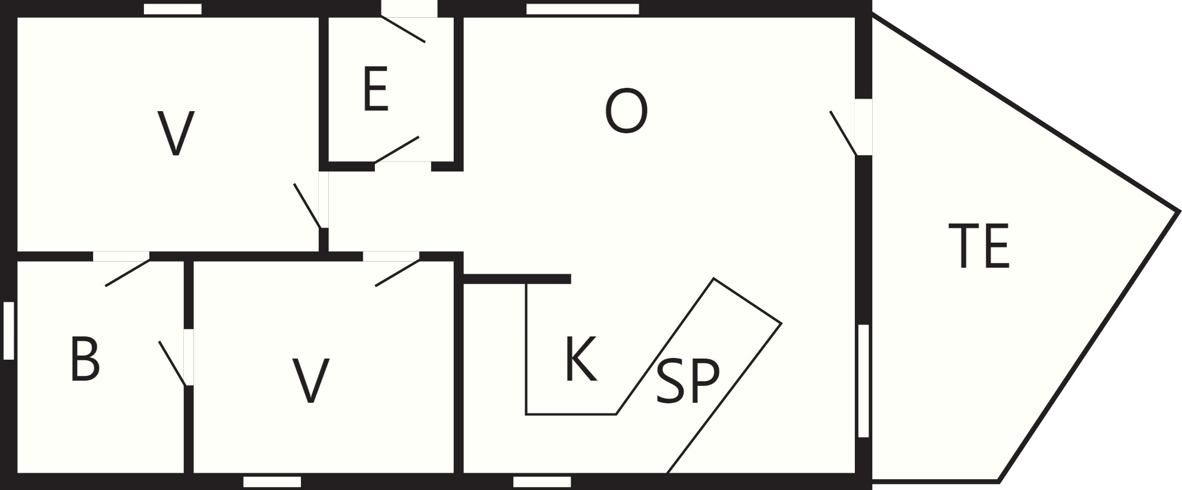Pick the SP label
coord(688,381)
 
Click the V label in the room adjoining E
coord(176,134)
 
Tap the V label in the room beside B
coord(312,381)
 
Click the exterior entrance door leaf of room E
coord(403,29)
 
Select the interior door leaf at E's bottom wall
coord(396,149)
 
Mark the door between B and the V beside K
coord(173,363)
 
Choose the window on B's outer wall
coord(8,330)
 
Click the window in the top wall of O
coord(583,9)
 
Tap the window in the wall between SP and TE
coord(863,381)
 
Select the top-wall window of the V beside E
coord(173,9)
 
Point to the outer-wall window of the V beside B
coord(272,482)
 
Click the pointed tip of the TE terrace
coord(1179,211)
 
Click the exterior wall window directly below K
coord(542,482)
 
